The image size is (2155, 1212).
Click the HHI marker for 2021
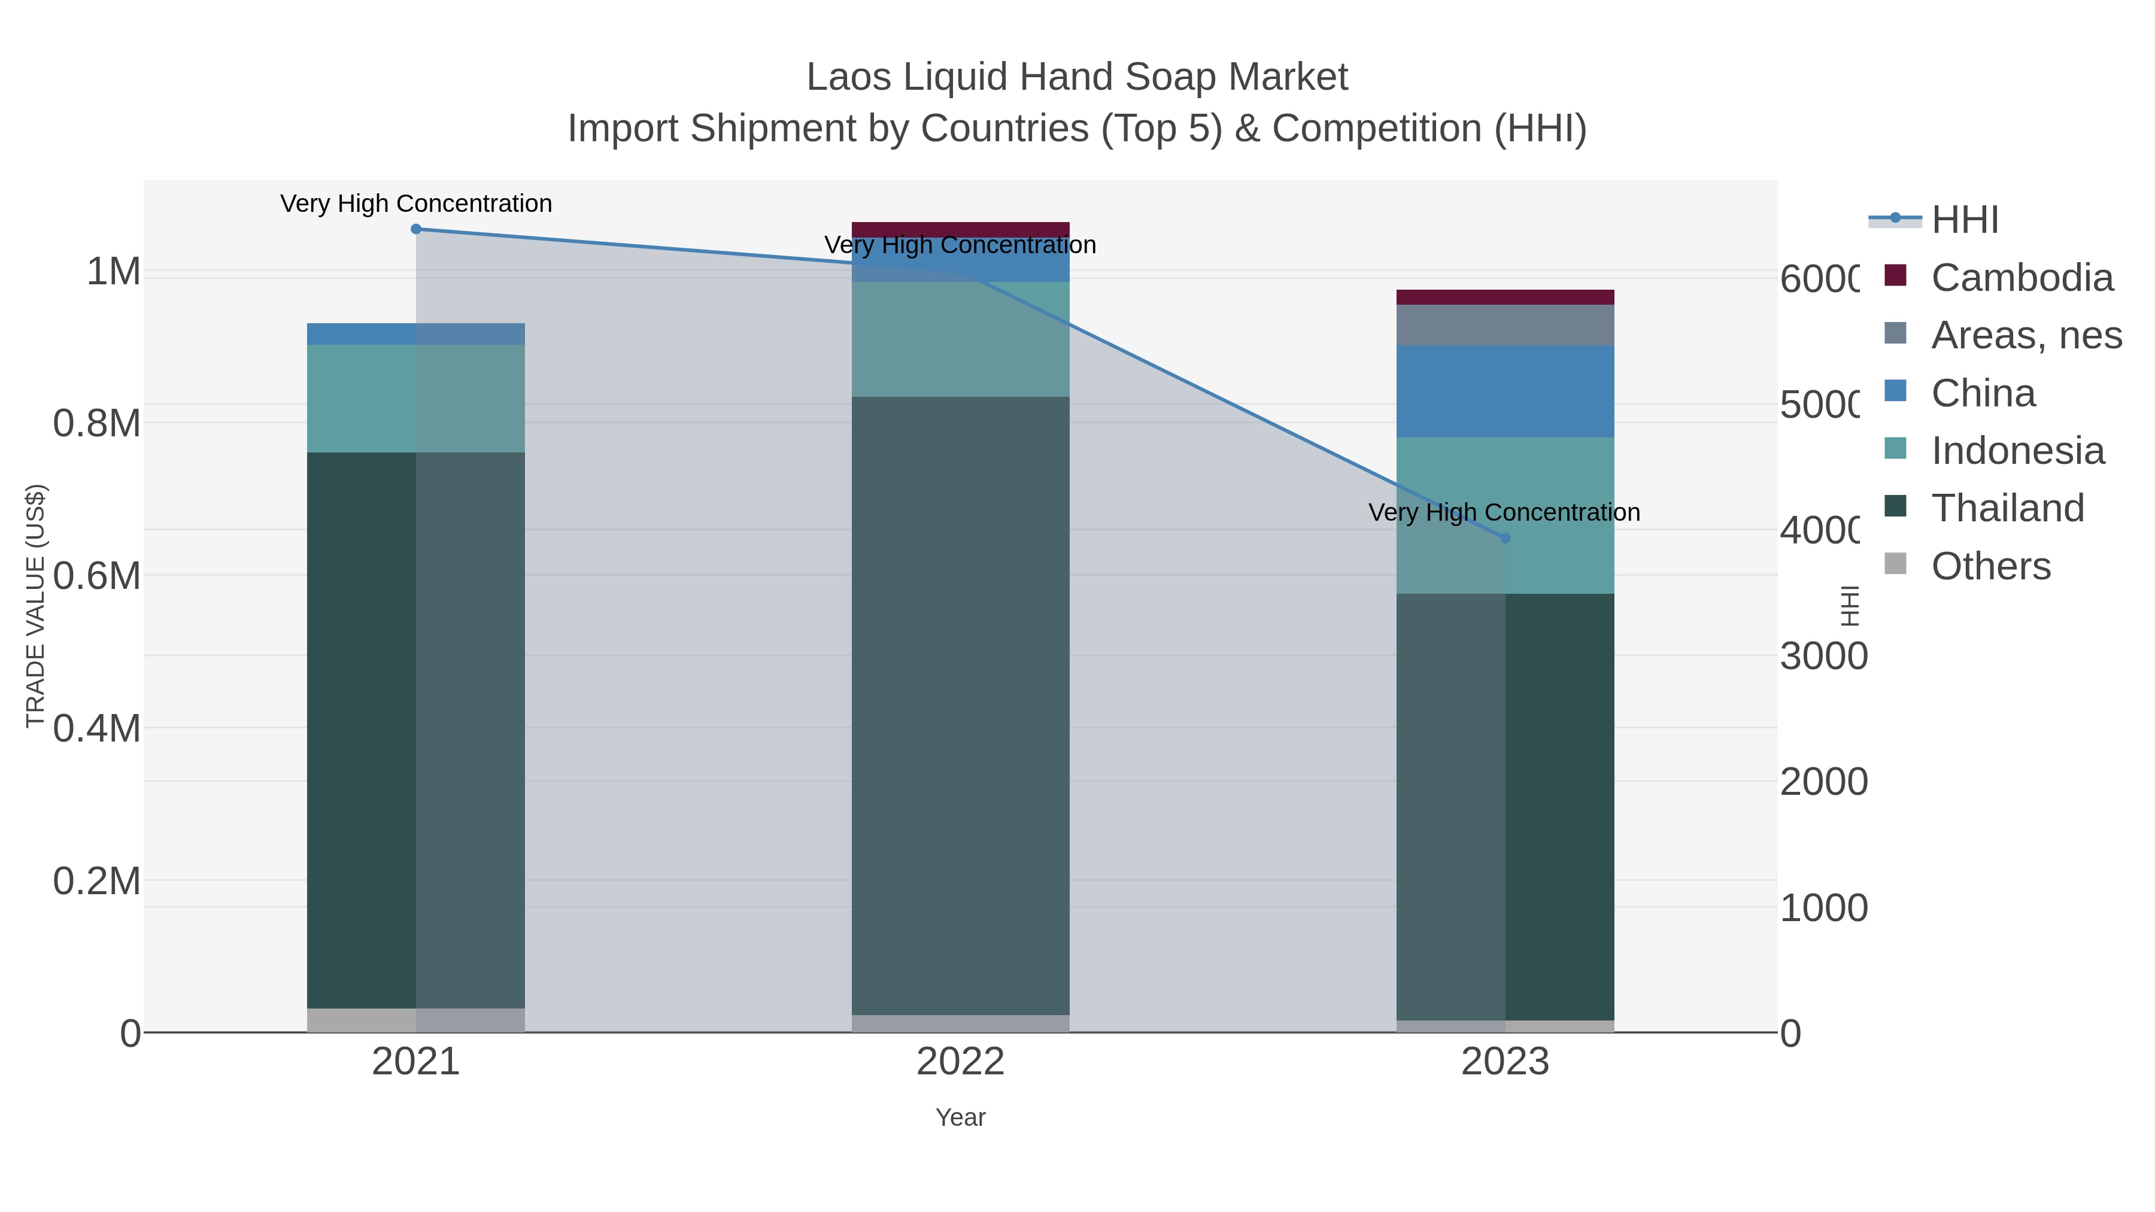click(x=416, y=229)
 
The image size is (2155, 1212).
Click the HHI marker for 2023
click(x=1505, y=539)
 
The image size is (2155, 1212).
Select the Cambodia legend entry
click(x=2021, y=278)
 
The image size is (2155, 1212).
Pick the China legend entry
click(x=1983, y=393)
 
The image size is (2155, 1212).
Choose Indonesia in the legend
click(x=2017, y=451)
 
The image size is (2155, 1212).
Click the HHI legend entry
click(x=1964, y=220)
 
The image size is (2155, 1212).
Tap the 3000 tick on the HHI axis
click(x=1823, y=657)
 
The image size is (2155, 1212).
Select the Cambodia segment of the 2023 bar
click(x=1505, y=297)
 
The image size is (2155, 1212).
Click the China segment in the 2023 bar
click(x=1505, y=391)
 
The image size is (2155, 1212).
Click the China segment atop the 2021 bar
click(x=416, y=334)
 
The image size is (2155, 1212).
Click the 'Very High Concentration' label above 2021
click(x=416, y=204)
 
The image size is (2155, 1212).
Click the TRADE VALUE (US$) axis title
click(x=35, y=606)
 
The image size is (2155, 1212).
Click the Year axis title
click(x=960, y=1117)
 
